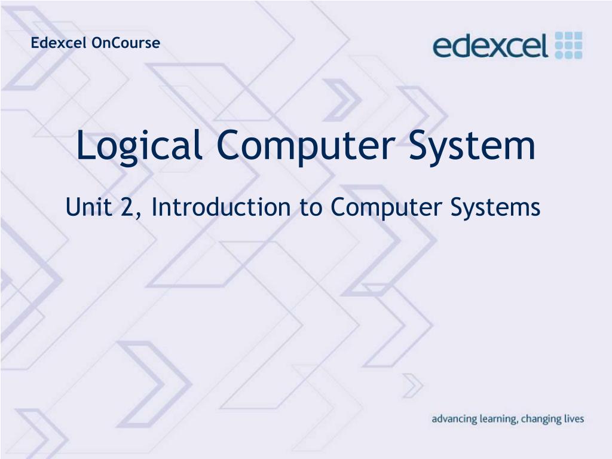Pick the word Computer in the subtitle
[x=384, y=208]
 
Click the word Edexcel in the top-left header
[x=60, y=43]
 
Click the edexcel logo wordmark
[x=491, y=46]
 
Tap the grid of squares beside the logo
[x=568, y=45]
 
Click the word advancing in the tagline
[x=454, y=420]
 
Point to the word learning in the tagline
[x=497, y=420]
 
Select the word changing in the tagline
[x=541, y=420]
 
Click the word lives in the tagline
[x=574, y=419]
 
